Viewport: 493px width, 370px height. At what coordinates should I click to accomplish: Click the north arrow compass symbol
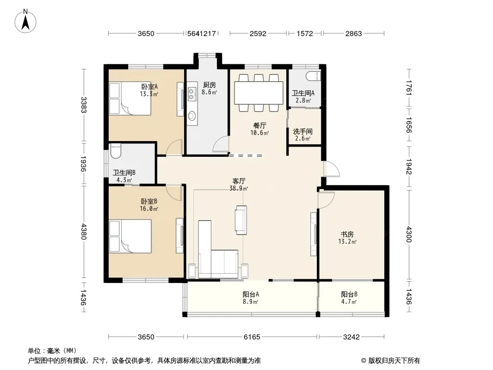click(25, 21)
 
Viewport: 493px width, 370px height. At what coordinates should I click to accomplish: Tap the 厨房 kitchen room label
click(210, 85)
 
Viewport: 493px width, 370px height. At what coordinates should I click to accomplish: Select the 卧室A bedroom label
click(149, 86)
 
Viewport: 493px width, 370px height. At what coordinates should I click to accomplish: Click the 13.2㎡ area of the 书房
click(347, 242)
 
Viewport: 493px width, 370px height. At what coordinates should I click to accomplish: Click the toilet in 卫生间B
click(116, 151)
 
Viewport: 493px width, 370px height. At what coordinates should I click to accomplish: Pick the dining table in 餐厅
click(259, 93)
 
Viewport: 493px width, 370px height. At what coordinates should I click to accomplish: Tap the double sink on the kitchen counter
click(191, 94)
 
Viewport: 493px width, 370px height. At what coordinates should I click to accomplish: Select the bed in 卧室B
click(130, 236)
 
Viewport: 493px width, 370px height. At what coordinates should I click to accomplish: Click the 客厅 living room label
click(239, 181)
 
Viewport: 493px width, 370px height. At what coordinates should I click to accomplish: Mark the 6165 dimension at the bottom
click(252, 337)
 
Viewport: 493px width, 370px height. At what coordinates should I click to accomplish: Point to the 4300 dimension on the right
click(408, 234)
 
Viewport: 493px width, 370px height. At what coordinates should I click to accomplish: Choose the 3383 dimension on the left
click(83, 105)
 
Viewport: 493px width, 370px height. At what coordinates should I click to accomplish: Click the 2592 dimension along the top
click(258, 33)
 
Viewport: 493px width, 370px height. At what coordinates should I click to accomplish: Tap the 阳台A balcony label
click(251, 295)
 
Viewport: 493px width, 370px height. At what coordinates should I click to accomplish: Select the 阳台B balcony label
click(349, 295)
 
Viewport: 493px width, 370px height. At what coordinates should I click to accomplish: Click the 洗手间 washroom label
click(303, 131)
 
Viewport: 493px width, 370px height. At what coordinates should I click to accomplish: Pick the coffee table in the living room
click(241, 220)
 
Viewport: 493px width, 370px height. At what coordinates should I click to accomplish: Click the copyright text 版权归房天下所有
click(394, 361)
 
